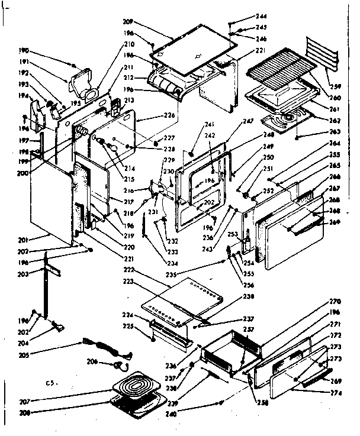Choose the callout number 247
click(x=247, y=121)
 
